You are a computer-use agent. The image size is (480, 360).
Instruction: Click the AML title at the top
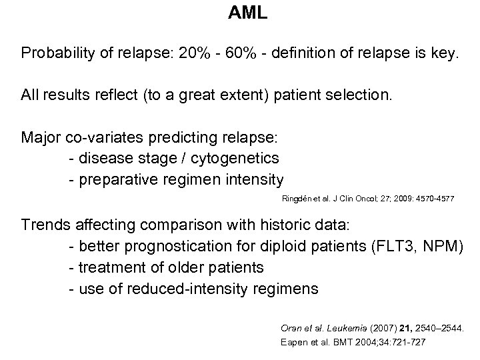247,13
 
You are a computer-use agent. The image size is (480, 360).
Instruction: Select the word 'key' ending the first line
444,54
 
